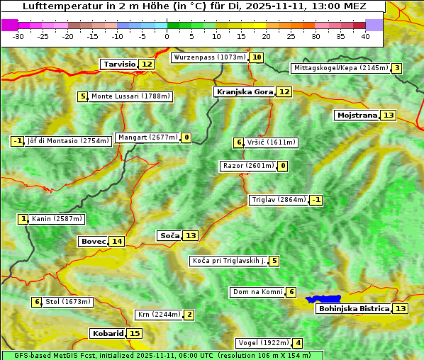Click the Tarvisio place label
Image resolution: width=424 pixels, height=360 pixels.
tap(119, 64)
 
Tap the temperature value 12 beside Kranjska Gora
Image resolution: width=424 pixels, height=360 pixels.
tap(284, 91)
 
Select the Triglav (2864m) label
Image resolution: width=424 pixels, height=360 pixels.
tap(279, 200)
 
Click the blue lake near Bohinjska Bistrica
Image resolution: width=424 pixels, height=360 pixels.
tap(323, 299)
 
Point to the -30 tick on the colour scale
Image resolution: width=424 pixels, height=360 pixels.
tap(18, 36)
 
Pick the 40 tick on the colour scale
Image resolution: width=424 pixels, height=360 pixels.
tap(365, 36)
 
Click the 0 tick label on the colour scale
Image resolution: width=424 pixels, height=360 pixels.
tap(167, 36)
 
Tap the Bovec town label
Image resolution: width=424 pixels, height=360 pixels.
tap(93, 241)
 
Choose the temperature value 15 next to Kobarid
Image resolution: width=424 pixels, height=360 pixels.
tap(135, 333)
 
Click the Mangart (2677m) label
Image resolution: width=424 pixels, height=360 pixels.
tap(147, 137)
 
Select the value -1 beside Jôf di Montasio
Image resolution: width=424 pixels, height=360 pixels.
tap(18, 141)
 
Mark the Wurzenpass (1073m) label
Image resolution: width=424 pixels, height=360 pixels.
tap(209, 57)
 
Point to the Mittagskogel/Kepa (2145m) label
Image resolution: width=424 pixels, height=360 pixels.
tap(340, 68)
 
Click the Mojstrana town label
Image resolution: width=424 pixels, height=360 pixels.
tap(357, 115)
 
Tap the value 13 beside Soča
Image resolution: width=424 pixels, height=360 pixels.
tap(191, 235)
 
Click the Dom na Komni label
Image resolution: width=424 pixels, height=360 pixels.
tap(257, 292)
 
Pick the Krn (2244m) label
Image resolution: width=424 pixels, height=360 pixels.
tap(158, 315)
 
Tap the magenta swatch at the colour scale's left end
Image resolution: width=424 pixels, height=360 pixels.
tap(9, 25)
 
